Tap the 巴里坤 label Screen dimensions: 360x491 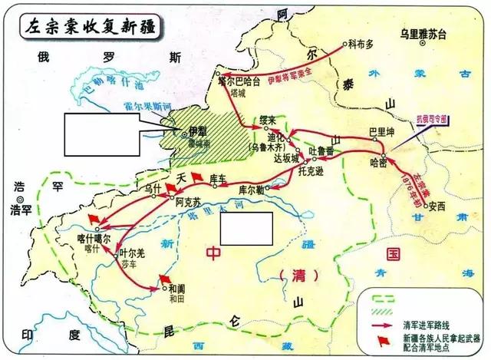(x=381, y=131)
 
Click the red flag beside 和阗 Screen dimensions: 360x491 (x=163, y=279)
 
